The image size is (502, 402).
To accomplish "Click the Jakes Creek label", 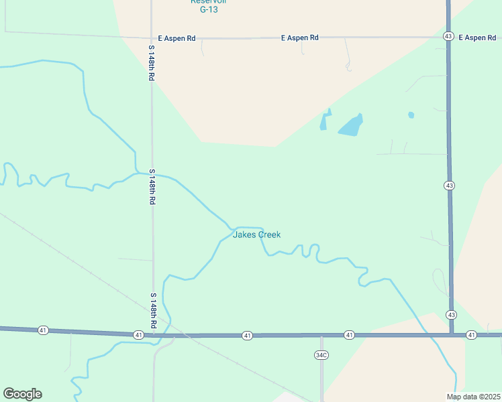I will [x=256, y=234].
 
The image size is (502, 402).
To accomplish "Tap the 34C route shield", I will [x=321, y=354].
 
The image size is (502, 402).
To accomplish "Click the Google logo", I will [x=22, y=394].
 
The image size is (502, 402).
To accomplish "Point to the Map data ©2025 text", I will [x=473, y=397].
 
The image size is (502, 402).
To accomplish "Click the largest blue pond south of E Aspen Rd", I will [x=350, y=125].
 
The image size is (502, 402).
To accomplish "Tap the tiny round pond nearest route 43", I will [x=411, y=115].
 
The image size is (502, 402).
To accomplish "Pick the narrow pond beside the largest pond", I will [x=324, y=121].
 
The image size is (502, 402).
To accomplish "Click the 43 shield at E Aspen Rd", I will [x=448, y=36].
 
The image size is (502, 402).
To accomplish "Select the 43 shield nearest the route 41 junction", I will [x=451, y=315].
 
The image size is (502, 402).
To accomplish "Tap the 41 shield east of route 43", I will [x=471, y=335].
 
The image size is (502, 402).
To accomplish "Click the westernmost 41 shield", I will [x=44, y=330].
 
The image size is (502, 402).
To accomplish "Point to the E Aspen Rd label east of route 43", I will [x=476, y=38].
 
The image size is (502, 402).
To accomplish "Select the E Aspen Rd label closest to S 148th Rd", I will [x=177, y=39].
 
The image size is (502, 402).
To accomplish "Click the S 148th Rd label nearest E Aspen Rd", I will [x=152, y=64].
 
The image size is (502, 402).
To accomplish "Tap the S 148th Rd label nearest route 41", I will [x=154, y=310].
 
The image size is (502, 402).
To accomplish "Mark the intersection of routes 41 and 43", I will [x=452, y=334].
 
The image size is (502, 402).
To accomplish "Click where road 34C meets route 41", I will [x=321, y=335].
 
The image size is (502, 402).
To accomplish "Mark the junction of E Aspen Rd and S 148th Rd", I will [x=152, y=38].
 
